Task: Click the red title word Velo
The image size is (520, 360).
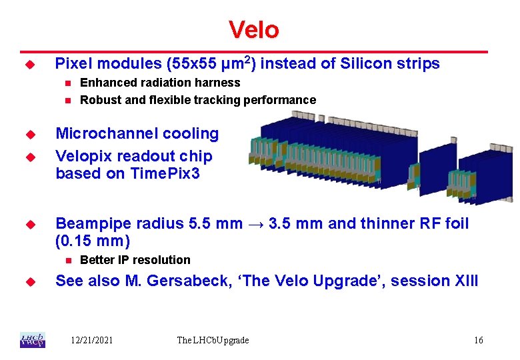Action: pos(254,30)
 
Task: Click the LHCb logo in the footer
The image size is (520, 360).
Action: pos(33,340)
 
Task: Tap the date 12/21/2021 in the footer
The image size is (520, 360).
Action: pos(92,340)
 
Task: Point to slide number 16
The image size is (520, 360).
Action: pos(479,340)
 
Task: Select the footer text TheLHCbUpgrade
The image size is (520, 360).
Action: pos(213,341)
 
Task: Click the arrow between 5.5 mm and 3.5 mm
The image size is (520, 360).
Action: pos(256,225)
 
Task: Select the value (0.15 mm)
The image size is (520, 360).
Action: pos(93,241)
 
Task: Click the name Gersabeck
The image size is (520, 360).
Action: pos(189,281)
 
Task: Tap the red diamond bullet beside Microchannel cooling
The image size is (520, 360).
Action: pos(31,135)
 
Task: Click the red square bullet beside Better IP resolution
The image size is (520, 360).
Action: pos(68,261)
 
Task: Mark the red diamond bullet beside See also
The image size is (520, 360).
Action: pos(31,282)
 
